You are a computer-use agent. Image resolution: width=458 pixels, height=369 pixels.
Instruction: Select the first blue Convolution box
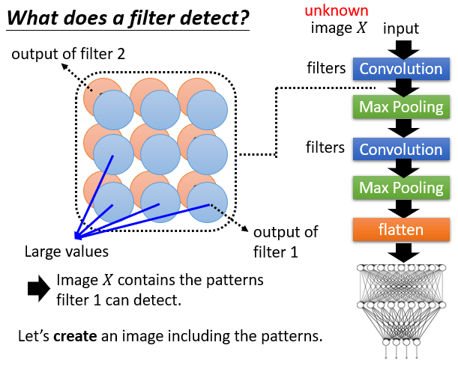coord(401,70)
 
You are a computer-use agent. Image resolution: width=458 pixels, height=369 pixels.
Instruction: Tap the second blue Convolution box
coord(401,150)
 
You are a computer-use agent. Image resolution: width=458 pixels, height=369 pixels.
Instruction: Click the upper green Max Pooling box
coord(401,108)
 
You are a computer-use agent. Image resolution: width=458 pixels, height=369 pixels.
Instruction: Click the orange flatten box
coord(401,230)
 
